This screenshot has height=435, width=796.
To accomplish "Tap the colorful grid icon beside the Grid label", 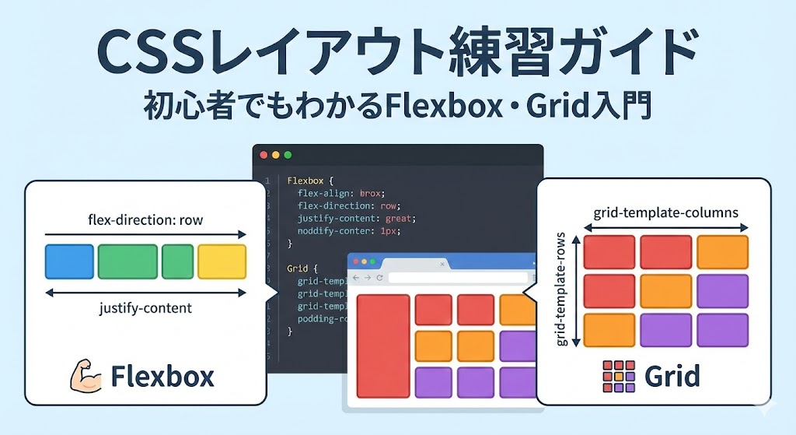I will tap(619, 376).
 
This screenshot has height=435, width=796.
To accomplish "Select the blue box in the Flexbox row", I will tap(69, 261).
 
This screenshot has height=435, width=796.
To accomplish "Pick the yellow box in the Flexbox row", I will tap(222, 261).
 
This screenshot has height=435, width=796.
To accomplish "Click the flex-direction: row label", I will tap(145, 219).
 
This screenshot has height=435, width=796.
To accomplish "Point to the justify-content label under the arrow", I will tap(145, 308).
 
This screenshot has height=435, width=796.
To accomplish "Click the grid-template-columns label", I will tap(665, 212).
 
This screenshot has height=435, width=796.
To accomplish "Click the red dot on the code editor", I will tap(263, 155).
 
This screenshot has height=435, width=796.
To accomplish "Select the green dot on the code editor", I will tap(288, 155).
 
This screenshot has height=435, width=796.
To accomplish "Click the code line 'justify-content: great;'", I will tap(357, 219).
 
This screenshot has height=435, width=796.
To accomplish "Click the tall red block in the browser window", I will tap(382, 346).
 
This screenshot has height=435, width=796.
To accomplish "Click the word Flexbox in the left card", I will tap(162, 377).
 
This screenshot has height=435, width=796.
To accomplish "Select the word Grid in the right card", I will tap(672, 376).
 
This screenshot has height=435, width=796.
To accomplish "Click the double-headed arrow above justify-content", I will tap(145, 293).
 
